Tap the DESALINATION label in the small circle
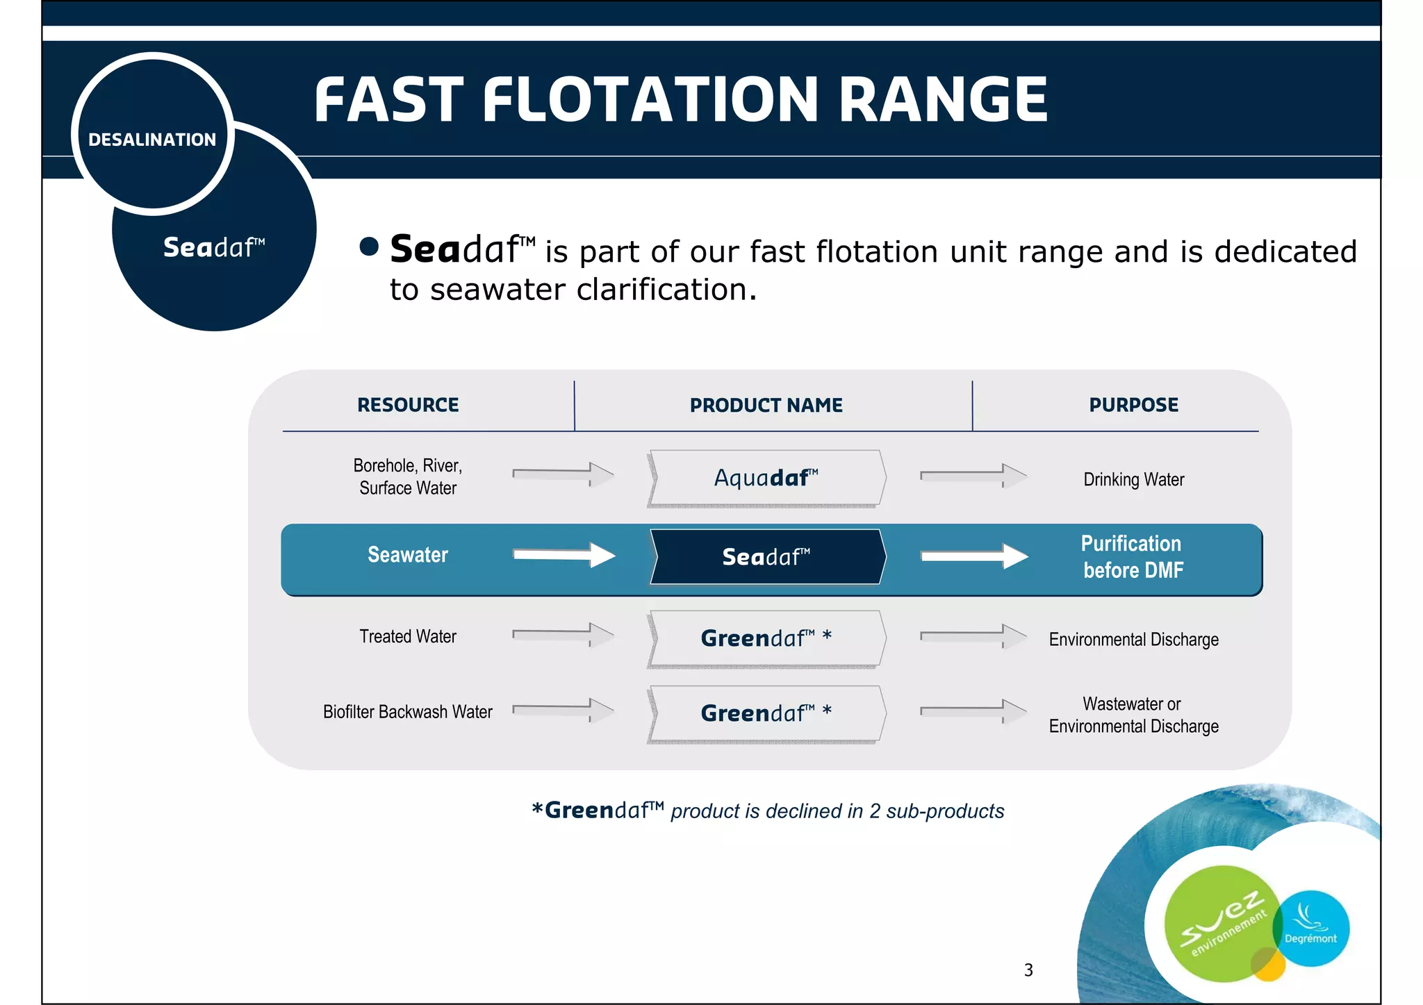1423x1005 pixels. coord(152,140)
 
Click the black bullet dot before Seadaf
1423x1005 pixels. coord(369,247)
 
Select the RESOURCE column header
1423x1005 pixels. coord(408,405)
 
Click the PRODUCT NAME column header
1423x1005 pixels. coord(766,405)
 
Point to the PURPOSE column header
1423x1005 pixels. coord(1133,405)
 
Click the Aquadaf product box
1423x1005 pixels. coord(766,478)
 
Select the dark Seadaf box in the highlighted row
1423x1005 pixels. coord(766,557)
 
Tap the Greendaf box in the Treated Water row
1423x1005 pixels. coord(766,638)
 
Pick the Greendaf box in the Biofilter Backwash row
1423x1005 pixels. coord(766,713)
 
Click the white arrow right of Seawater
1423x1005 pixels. coord(564,554)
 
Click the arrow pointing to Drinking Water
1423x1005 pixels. coord(973,476)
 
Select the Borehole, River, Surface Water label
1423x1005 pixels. coord(408,476)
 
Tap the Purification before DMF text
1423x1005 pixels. coord(1133,557)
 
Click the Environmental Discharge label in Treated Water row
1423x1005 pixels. coord(1133,639)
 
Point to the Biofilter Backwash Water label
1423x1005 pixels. coord(408,712)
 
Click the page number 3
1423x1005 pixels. coord(1028,970)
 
